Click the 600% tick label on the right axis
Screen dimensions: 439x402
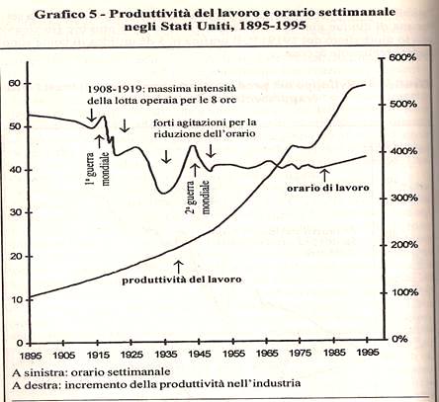coord(402,57)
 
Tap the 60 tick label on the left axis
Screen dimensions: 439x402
coord(15,83)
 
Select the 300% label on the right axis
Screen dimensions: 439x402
coord(404,199)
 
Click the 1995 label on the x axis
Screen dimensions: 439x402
coord(368,353)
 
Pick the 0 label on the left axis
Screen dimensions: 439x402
coord(20,344)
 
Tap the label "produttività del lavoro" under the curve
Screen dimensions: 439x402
coord(182,280)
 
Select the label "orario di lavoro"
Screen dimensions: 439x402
coord(328,188)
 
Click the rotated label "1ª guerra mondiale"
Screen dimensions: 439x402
coord(98,169)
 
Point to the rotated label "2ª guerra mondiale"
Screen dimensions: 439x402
coord(198,197)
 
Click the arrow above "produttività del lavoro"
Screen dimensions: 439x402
coord(178,267)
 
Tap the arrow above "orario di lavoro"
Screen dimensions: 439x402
coord(325,175)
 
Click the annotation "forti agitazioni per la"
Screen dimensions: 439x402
coord(205,122)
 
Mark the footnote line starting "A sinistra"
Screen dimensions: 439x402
coord(91,372)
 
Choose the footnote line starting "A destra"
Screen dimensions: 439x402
coord(156,384)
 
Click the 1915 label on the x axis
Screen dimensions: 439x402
coord(98,355)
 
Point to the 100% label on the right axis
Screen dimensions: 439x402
coord(404,292)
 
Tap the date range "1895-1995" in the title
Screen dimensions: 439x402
coord(273,26)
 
